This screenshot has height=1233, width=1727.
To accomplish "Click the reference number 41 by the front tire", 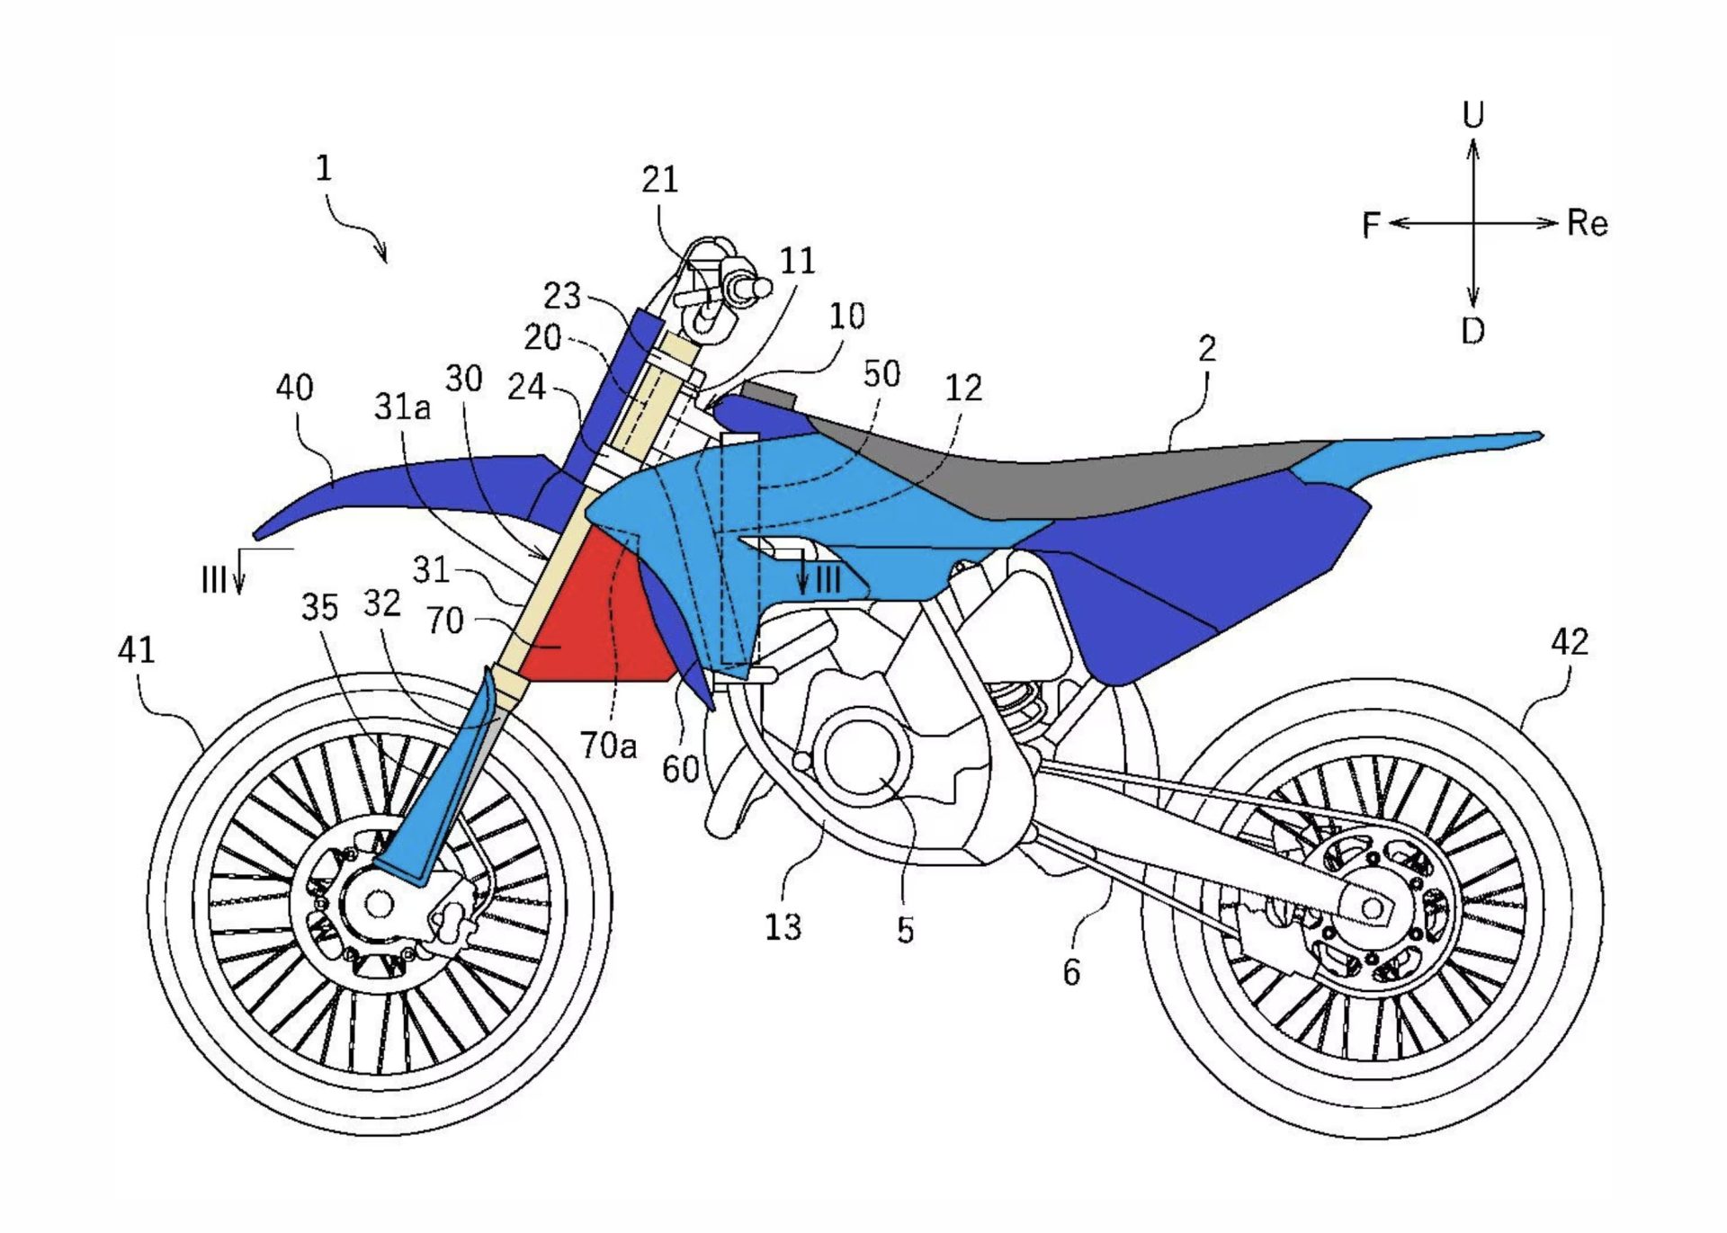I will (x=136, y=649).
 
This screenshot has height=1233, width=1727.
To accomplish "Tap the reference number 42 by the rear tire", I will (x=1570, y=642).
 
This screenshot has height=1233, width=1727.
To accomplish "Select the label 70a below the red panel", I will (x=608, y=745).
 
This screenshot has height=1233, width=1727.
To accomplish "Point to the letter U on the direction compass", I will (x=1472, y=115).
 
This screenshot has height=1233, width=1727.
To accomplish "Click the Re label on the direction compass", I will (x=1587, y=223).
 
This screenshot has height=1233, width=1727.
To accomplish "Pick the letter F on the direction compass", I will (x=1371, y=225).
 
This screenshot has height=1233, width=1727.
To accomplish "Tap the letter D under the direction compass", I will (x=1472, y=332).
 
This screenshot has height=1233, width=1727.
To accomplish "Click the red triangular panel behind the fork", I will (x=594, y=621).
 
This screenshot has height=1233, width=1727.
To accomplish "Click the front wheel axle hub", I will (x=379, y=903).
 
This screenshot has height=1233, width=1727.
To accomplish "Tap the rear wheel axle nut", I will (x=1373, y=909).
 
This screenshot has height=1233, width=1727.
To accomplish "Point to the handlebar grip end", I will (x=761, y=288).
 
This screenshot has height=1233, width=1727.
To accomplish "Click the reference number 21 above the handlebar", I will (x=659, y=180).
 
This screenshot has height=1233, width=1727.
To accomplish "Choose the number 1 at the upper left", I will (x=324, y=168).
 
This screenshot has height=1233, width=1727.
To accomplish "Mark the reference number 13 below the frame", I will (x=783, y=926).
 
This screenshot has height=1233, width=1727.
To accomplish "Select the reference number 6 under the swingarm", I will (x=1071, y=972).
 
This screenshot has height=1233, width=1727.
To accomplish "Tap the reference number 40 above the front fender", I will (x=294, y=388).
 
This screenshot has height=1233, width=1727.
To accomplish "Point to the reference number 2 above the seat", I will (x=1207, y=349).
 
